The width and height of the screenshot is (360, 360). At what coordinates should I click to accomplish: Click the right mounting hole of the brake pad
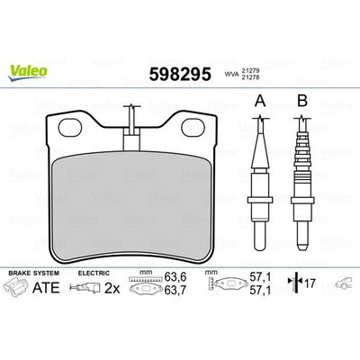tap(193, 130)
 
